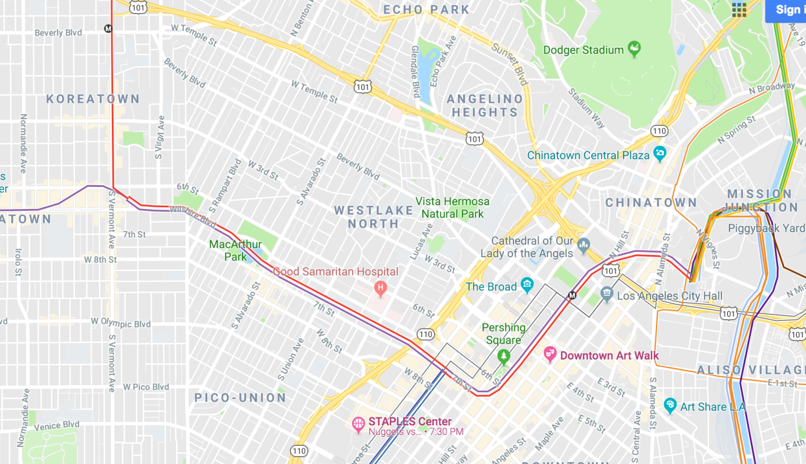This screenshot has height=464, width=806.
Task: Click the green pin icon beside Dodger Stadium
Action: [634, 49]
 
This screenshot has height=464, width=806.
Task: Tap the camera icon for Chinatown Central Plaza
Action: [659, 153]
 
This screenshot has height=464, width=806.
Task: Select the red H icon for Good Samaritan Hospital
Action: [381, 289]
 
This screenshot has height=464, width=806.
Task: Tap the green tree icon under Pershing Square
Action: [503, 356]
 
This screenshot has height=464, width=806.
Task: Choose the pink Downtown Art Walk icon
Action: [550, 354]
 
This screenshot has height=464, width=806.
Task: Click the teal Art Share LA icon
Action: [670, 406]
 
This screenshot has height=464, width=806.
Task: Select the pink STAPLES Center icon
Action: [358, 424]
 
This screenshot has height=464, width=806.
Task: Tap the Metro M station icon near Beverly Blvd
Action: [108, 28]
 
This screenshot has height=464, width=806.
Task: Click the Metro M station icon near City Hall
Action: [573, 295]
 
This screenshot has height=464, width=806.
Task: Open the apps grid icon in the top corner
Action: [739, 10]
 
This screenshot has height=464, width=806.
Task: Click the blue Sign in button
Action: [787, 10]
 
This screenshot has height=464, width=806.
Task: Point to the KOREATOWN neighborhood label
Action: [93, 99]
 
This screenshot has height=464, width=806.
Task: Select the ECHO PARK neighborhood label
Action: [427, 10]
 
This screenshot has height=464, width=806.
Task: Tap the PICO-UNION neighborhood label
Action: [241, 398]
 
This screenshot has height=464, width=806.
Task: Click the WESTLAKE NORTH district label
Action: [374, 217]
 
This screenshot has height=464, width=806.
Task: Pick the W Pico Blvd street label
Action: [146, 387]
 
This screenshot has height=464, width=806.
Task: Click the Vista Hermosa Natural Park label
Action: [452, 207]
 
